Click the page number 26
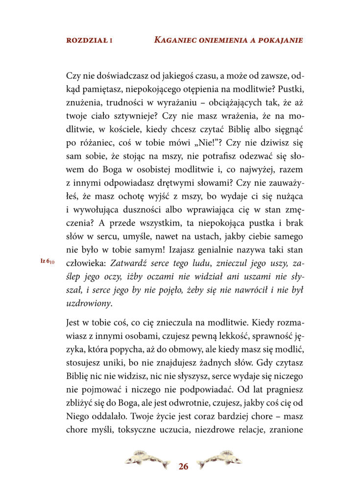pyautogui.click(x=183, y=466)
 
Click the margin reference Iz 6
pyautogui.click(x=47, y=262)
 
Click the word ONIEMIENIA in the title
pyautogui.click(x=227, y=40)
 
